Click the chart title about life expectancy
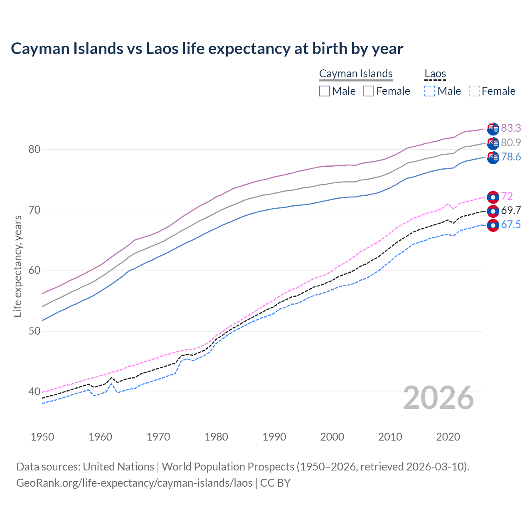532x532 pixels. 207,49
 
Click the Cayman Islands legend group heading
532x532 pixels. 356,74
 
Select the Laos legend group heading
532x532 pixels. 435,74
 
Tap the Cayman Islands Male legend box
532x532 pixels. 325,91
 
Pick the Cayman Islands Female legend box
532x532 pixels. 369,91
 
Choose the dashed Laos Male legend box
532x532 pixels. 430,91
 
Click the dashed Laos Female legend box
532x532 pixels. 474,91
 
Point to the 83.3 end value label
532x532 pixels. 511,128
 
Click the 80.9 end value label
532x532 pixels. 511,143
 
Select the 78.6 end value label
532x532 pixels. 511,157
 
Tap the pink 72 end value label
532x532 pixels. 507,196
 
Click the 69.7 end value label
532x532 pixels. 511,210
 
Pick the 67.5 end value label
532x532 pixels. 511,225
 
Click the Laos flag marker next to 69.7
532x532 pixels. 493,211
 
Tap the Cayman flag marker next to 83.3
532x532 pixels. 493,129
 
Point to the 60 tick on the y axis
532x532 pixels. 34,271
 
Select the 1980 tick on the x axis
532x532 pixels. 216,437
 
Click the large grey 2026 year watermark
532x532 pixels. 438,398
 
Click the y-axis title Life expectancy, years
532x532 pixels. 17,266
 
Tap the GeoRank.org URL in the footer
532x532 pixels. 134,483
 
